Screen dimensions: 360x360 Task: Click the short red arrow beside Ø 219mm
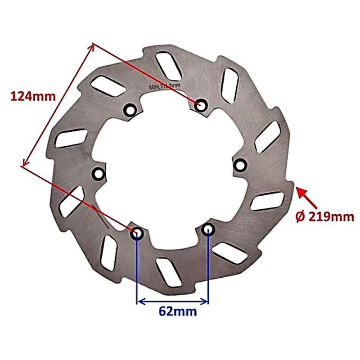(306, 198)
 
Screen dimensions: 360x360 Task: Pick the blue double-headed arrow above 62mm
(173, 301)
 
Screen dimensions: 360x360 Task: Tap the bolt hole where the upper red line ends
(200, 105)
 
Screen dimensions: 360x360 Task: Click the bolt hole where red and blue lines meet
(137, 233)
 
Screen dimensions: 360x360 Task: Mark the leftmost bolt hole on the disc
(98, 173)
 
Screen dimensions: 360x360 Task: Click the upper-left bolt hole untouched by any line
(130, 110)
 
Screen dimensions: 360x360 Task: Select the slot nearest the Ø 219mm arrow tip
(267, 201)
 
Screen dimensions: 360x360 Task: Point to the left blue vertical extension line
(137, 270)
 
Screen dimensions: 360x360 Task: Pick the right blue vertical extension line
(208, 270)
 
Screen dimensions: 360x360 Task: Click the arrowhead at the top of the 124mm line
(92, 46)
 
